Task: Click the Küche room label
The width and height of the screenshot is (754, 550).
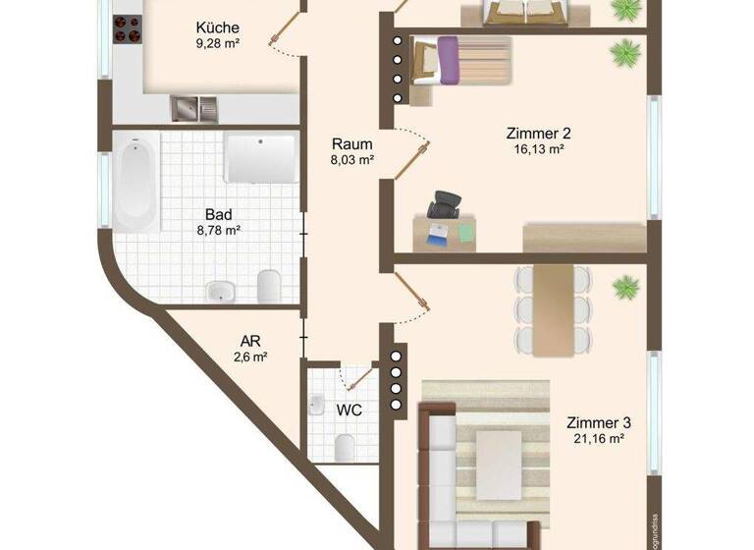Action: coord(217,27)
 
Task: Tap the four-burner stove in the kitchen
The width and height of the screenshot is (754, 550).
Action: coord(127,30)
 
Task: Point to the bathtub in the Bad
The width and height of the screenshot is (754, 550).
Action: coord(136,183)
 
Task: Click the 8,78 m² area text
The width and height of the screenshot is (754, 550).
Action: coord(217,230)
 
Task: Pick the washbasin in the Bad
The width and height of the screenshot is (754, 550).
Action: coord(221,290)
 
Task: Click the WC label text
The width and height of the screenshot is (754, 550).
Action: coord(349,410)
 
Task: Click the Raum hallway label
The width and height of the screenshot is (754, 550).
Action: coord(351,141)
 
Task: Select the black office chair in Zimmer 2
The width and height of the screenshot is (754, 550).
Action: coord(444,203)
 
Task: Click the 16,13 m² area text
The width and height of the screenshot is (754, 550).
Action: coord(539,150)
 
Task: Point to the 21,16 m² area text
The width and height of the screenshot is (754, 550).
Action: coord(598,439)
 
